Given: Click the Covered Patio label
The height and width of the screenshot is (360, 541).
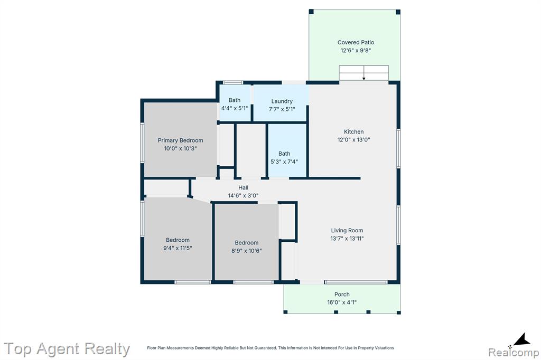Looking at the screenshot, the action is pos(356,42).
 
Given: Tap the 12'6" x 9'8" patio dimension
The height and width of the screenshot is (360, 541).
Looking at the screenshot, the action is pos(356,50).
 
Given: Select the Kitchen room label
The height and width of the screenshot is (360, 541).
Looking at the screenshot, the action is pos(353,132).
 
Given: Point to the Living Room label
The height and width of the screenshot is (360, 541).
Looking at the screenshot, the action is pos(347,230).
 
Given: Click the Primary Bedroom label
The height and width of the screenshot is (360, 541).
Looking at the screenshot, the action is pos(181,140).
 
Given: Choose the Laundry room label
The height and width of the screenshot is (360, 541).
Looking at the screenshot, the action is pos(282,101).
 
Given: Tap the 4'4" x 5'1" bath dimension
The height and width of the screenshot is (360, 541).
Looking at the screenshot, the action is pos(235,108).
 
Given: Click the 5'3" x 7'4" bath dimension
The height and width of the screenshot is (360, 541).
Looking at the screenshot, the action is pos(284,162).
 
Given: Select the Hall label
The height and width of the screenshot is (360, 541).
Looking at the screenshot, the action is pos(243,187).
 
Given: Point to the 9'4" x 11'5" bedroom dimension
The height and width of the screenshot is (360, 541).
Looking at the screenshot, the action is pos(178,248).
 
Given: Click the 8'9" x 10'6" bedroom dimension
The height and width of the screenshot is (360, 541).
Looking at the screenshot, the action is pos(247,251).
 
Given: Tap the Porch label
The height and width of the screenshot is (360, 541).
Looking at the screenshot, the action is pos(342,294).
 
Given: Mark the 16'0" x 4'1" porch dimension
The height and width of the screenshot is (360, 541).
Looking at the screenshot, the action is pos(342,302).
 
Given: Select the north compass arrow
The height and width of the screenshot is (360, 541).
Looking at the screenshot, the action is pos(522,339).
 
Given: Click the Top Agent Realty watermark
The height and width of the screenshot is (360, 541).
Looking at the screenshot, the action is pos(67,349).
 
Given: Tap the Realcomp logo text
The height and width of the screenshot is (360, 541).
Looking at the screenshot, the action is pos(514,353).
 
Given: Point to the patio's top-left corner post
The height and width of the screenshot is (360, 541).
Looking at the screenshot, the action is pos(311,12).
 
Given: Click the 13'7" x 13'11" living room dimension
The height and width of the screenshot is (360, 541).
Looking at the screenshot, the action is pos(347,238).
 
